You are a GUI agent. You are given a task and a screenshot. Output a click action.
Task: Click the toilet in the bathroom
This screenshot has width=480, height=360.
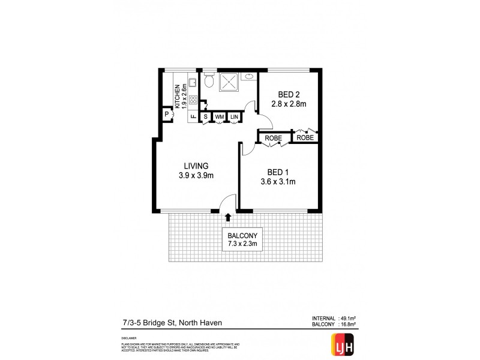pos(209,80)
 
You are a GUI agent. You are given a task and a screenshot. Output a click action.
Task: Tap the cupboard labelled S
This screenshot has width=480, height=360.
pos(206,116)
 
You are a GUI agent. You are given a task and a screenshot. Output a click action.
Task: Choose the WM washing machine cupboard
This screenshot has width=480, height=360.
pos(220,116)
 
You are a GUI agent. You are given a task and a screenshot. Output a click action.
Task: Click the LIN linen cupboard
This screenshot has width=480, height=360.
pos(233,116)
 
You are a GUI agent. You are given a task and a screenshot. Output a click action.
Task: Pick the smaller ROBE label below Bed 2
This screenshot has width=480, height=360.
pos(305,137)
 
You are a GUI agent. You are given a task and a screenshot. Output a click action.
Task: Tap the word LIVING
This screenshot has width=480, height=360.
pos(196,166)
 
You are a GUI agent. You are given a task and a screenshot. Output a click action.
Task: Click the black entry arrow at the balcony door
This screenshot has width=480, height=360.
pos(227,217)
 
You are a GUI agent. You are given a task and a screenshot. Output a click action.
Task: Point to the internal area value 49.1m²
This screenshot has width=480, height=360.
pos(349,319)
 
